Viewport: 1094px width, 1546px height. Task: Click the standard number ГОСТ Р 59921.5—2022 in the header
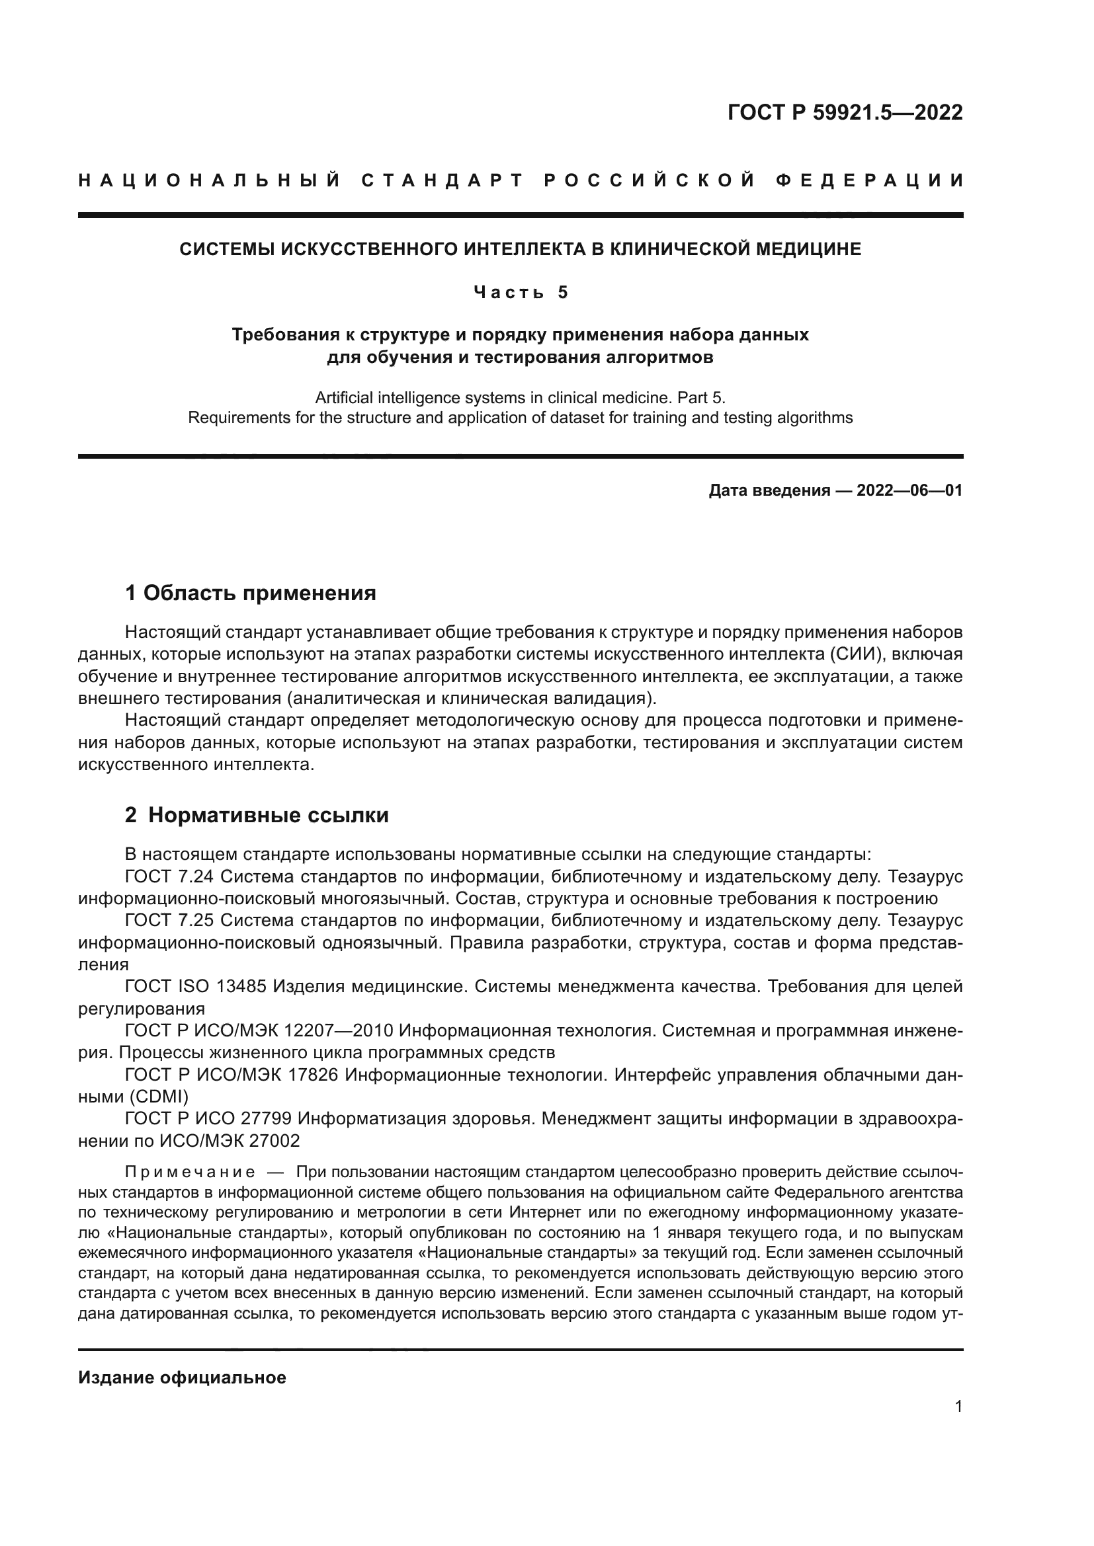[845, 112]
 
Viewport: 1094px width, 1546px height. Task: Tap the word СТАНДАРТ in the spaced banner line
[442, 180]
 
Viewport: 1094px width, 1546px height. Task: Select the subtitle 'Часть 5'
[521, 292]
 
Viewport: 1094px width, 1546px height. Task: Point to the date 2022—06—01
[909, 490]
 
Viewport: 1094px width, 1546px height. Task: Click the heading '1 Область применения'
[251, 593]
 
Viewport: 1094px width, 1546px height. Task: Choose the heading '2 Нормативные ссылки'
[257, 816]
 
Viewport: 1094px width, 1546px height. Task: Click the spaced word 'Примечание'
[190, 1173]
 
